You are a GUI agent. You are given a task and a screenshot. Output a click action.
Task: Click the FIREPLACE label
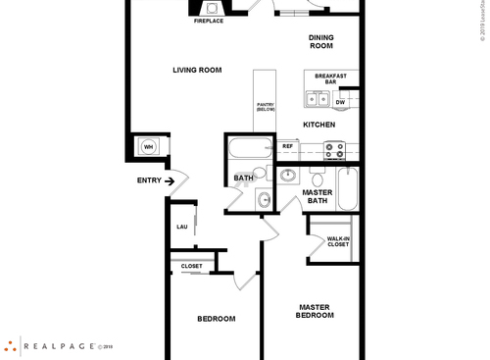click(x=208, y=21)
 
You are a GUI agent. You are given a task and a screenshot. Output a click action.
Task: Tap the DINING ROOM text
click(x=320, y=42)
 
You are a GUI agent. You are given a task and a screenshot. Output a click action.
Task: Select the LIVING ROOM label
click(x=197, y=70)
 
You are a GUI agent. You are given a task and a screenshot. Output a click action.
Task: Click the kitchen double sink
click(x=318, y=98)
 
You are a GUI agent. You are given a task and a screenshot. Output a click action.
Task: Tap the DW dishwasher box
click(x=340, y=102)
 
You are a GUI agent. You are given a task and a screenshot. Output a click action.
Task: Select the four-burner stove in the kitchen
click(x=334, y=150)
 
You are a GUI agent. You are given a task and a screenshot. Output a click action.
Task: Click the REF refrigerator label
click(x=288, y=146)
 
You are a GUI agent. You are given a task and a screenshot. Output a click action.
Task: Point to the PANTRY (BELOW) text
click(x=266, y=107)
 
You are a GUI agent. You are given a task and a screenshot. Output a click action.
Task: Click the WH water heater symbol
click(x=149, y=146)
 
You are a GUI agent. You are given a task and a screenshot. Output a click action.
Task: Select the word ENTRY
click(x=149, y=180)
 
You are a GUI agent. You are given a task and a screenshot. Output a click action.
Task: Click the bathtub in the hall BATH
click(x=249, y=151)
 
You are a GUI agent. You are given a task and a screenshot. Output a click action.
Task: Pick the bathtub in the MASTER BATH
click(x=347, y=187)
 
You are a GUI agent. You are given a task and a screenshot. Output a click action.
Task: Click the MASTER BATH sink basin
click(x=288, y=177)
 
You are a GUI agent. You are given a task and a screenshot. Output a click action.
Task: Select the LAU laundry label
click(x=181, y=227)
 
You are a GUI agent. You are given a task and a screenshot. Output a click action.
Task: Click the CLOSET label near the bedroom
click(x=192, y=266)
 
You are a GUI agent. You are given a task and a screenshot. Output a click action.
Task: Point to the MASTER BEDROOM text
click(x=316, y=311)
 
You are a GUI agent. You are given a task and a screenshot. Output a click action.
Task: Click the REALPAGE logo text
click(x=60, y=345)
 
